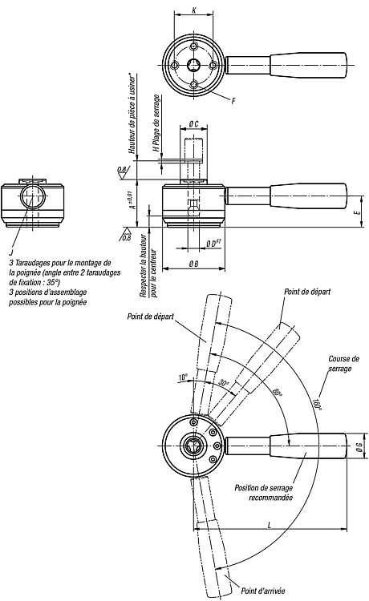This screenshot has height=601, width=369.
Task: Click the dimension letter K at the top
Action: click(193, 10)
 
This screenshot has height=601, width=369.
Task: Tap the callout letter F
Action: click(233, 101)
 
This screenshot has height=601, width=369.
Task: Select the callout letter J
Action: click(10, 252)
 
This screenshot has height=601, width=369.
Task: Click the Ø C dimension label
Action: click(193, 123)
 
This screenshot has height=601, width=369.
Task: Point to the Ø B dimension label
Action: click(193, 264)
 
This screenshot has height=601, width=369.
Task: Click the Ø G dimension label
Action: click(359, 446)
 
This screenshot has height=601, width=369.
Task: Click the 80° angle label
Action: click(278, 393)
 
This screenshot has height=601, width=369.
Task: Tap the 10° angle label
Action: click(184, 377)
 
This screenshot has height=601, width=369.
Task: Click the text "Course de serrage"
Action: click(343, 364)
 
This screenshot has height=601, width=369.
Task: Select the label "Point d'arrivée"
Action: click(263, 591)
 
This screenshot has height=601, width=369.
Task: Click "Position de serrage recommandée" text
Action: click(264, 493)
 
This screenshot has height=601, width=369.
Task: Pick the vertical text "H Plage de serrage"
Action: click(156, 123)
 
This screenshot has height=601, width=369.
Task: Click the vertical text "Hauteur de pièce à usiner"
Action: click(132, 113)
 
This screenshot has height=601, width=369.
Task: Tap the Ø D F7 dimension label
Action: click(213, 243)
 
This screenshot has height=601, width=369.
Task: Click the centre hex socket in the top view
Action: click(193, 65)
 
